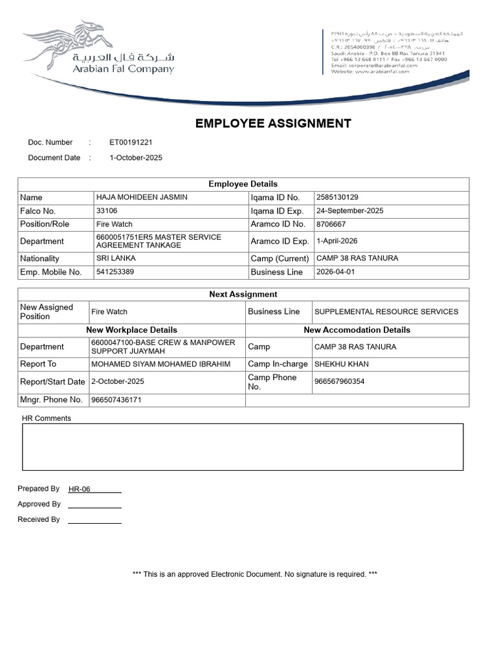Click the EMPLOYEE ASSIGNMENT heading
coord(273,124)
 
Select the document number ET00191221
coord(131,142)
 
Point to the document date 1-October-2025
coord(136,158)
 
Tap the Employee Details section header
coord(243,184)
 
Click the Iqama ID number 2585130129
coord(337,197)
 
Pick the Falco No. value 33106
coord(107,210)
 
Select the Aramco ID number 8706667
coord(331,224)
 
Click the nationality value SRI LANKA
coord(116,258)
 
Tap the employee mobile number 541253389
coord(115,272)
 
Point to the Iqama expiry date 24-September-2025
coord(349,210)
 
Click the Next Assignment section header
coord(243,294)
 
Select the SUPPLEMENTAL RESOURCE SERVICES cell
coord(386,311)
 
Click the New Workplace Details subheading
coord(131,330)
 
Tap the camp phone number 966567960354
coord(339,381)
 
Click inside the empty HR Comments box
coord(243,447)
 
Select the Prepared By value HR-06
coord(80,489)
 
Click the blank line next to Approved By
coord(94,504)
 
